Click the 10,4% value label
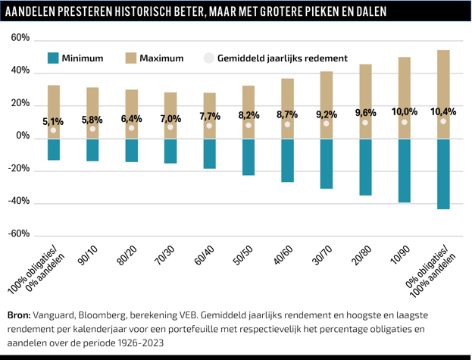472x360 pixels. coord(443,111)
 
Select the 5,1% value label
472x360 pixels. coord(54,121)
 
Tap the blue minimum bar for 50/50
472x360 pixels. coord(249,157)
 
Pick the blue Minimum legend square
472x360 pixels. coord(52,58)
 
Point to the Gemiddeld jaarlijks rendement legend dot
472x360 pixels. coord(209,58)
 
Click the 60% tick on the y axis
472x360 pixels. coord(20,39)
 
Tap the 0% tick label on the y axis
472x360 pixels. coord(22,136)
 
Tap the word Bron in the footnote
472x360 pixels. coord(19,314)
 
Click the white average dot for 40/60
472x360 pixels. coord(287,124)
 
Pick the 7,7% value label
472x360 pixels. coord(210,116)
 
